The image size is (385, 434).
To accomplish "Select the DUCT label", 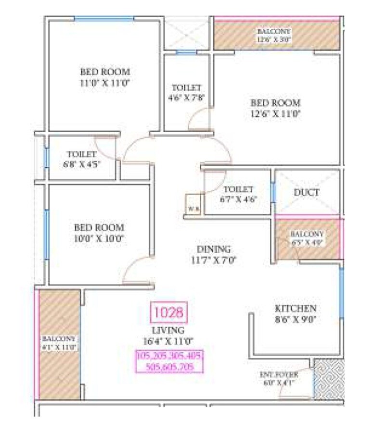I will [307, 192].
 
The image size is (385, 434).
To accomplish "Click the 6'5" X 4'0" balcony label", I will [307, 238].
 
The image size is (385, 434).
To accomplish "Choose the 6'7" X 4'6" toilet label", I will [238, 193].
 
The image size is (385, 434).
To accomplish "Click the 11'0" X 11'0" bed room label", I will [105, 77].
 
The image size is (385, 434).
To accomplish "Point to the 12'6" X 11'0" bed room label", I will [275, 108].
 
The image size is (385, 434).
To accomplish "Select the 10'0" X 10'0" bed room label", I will [99, 233].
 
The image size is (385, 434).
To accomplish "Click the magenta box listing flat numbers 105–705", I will [169, 361].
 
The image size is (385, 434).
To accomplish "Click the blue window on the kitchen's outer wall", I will [342, 293].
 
